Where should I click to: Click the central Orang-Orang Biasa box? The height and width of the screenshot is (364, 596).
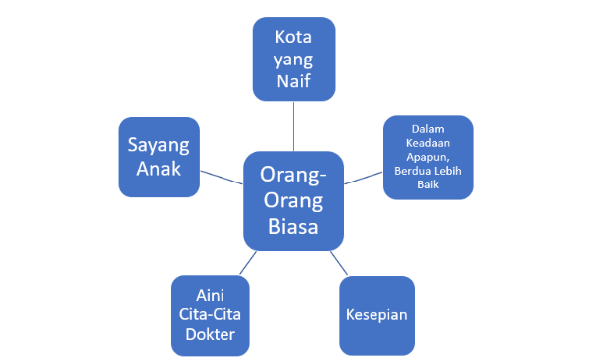(293, 200)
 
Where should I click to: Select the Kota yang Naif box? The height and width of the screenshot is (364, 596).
(294, 59)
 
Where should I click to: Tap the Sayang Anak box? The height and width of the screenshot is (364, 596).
(159, 157)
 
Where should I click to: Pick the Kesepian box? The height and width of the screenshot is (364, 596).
(376, 315)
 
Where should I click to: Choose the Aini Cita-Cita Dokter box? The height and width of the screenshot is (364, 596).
(211, 315)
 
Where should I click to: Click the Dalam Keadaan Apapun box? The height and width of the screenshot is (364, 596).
(428, 157)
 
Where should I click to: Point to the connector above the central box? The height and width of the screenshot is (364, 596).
(293, 126)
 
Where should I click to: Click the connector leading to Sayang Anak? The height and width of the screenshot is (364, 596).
(222, 178)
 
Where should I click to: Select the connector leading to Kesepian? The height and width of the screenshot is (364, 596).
(339, 263)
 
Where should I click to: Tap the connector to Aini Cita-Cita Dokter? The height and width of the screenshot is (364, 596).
(248, 263)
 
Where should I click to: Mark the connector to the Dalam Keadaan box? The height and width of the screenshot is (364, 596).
(364, 178)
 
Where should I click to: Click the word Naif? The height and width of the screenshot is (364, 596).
(293, 81)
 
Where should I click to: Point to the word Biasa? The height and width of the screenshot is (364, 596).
(293, 226)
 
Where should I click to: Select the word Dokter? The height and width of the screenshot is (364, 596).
(211, 334)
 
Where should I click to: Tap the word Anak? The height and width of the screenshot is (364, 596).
(159, 169)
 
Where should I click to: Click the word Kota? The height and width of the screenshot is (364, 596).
(293, 37)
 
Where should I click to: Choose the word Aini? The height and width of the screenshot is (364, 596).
(211, 295)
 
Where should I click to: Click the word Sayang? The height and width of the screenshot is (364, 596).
(159, 146)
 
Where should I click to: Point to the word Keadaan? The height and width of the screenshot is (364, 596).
(428, 143)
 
